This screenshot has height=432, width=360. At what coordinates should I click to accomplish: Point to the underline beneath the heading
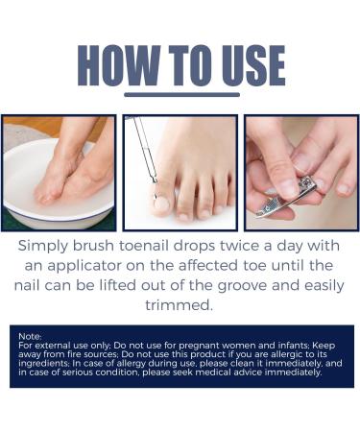[x=181, y=94]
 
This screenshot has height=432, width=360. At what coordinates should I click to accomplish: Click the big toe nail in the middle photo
[x=161, y=204]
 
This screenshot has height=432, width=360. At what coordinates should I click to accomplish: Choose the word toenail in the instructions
[x=150, y=246]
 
